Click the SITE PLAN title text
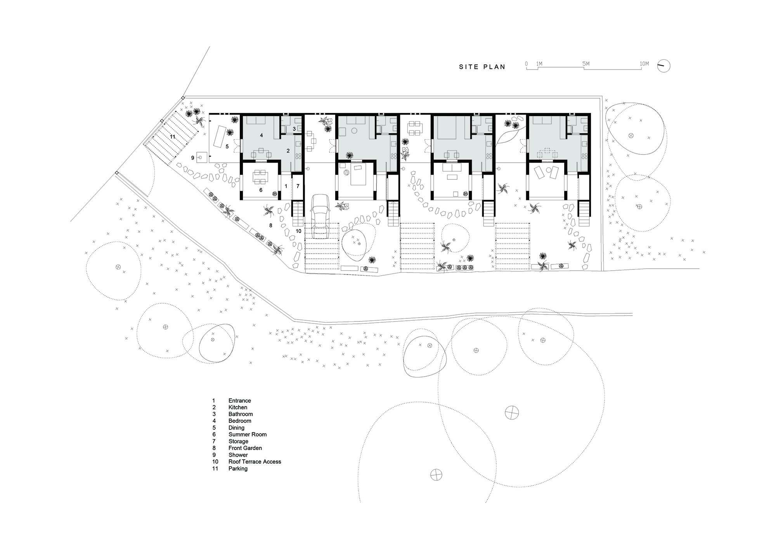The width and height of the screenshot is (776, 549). click(482, 67)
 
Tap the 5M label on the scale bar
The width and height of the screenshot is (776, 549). click(586, 64)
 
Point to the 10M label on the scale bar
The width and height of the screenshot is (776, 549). click(644, 64)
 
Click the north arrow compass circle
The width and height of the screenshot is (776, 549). click(664, 66)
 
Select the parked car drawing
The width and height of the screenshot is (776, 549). click(320, 216)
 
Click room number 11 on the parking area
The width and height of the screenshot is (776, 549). click(172, 137)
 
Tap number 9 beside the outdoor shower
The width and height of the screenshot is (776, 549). click(192, 158)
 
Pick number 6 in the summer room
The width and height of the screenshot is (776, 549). click(261, 190)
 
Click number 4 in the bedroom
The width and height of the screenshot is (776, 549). click(262, 136)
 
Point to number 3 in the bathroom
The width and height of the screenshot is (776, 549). click(294, 129)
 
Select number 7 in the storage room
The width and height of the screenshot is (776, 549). click(298, 186)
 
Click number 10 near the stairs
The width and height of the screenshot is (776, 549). click(298, 231)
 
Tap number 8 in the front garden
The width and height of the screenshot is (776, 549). click(270, 225)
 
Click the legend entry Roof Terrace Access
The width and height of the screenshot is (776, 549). click(255, 462)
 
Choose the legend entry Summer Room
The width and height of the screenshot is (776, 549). click(248, 434)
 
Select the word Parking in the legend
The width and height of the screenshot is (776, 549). click(238, 469)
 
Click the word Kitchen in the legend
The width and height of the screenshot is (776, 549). click(238, 407)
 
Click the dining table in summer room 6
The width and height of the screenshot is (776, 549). click(260, 177)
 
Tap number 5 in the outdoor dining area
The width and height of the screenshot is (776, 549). click(227, 146)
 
